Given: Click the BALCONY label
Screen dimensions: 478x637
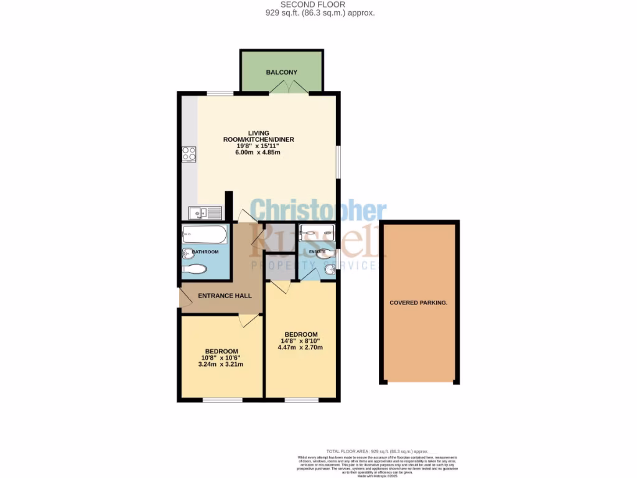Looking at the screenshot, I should point(281,72).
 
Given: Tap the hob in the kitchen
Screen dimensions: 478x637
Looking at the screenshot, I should point(188,153).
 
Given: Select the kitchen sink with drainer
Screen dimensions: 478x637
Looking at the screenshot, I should point(206,213).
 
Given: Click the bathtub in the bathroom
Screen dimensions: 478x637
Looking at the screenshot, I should point(204,235).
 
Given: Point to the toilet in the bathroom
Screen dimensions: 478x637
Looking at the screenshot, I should point(196,269).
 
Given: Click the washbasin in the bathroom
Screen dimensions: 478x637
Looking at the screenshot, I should point(188,253).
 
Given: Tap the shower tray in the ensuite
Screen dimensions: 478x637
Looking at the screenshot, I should point(316,235).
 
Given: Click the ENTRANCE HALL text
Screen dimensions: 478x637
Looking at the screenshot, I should point(225,296).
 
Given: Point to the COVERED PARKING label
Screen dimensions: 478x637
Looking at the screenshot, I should point(419,302).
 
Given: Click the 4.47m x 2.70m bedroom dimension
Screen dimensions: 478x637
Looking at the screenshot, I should point(300,347).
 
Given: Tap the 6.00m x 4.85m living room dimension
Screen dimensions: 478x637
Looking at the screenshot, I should point(258,154).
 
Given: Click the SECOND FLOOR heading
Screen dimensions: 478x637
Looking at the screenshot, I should point(321,4).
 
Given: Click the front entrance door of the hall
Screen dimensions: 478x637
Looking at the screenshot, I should point(184,294).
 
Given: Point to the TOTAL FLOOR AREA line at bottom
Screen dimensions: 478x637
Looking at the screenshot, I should point(377,451).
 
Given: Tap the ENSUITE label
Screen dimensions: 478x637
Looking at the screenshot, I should point(317,251).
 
